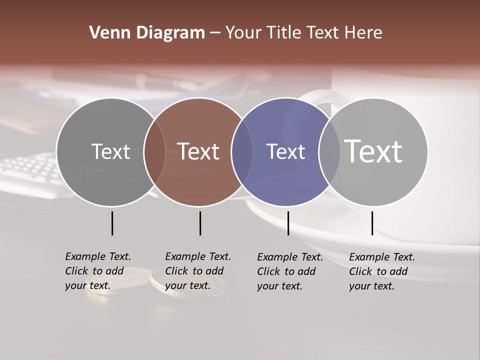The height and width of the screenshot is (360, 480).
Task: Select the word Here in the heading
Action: tap(363, 33)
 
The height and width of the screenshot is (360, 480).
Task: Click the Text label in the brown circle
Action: tap(198, 151)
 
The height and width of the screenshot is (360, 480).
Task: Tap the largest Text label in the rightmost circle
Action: tap(373, 151)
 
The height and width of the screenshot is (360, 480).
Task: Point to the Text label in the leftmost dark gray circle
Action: tap(110, 151)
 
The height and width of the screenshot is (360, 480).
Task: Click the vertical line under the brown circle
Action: tap(200, 223)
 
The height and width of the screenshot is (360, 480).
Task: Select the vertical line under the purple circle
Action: tap(288, 223)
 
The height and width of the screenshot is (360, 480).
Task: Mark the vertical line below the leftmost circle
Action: tap(112, 223)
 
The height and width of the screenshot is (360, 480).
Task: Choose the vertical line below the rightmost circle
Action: tap(372, 223)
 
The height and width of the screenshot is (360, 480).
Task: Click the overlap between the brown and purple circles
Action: tap(242, 152)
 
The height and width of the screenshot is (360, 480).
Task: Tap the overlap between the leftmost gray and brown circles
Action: tap(154, 152)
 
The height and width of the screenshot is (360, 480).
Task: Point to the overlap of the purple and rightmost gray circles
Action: tap(329, 152)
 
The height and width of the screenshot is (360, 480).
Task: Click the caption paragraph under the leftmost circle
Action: tap(98, 271)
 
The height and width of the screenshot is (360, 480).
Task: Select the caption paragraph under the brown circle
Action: tap(198, 271)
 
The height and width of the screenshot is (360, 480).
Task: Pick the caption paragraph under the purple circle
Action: tap(290, 271)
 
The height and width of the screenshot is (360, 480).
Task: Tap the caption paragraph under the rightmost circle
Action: tap(382, 271)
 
